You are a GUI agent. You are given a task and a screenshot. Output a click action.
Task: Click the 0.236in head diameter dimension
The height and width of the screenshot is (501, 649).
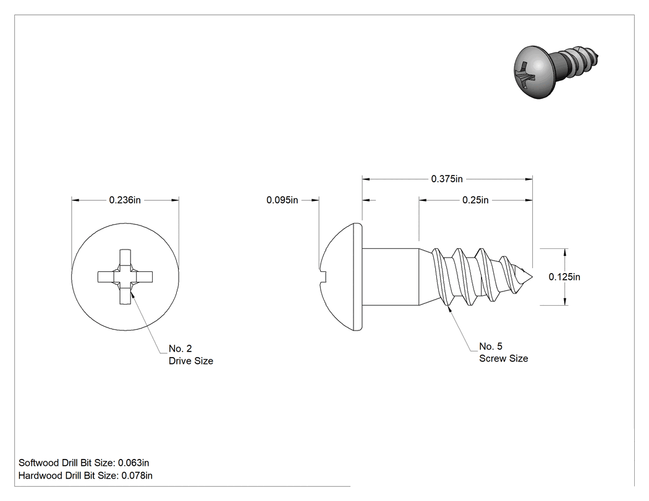coord(125,200)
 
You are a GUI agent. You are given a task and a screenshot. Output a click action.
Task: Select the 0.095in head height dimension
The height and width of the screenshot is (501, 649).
coord(282,200)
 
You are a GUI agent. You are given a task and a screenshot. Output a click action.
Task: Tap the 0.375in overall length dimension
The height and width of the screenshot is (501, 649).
coord(447,179)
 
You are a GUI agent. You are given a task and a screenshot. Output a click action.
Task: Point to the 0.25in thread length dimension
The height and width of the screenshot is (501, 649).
coord(475,200)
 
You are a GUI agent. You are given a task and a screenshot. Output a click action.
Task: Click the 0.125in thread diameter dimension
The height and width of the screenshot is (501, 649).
coord(564,277)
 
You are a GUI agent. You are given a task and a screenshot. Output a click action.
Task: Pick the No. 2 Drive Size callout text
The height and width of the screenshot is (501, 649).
coord(191,355)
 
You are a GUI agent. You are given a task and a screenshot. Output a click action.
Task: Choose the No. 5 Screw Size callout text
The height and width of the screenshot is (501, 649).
coord(503,353)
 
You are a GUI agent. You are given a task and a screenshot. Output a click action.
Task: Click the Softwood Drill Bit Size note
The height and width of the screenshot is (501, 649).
coord(83,463)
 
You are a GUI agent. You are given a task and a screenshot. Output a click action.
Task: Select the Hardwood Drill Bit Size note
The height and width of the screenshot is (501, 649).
coord(85,475)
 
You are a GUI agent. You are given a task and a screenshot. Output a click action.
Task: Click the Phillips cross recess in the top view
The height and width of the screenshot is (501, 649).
coord(125,277)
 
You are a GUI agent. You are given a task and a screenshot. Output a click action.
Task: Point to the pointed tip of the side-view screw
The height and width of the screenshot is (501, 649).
coord(532,277)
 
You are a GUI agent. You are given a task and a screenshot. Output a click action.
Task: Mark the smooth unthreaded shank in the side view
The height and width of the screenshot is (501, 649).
coord(391,277)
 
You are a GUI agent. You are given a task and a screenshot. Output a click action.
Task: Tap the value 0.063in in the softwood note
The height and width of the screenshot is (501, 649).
coord(134,463)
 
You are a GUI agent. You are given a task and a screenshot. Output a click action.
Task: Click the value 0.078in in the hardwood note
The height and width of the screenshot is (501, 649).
coord(137,475)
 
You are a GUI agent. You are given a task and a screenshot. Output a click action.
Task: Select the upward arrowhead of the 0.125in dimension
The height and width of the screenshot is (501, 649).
coord(566,253)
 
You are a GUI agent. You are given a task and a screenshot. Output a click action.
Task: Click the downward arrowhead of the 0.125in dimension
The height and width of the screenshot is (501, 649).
coord(566,301)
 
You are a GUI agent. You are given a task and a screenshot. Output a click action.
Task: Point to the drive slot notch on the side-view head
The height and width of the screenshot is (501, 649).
coord(323,274)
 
